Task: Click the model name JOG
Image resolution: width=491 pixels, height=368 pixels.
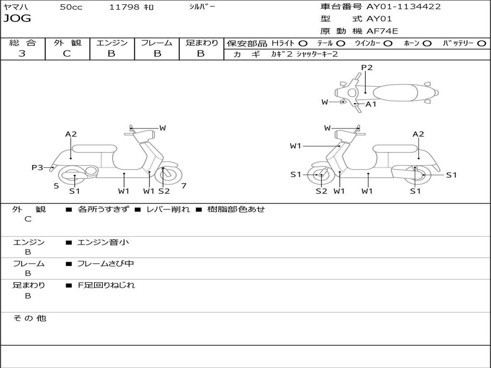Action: point(17,19)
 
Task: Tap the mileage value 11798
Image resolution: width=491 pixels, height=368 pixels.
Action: point(124,7)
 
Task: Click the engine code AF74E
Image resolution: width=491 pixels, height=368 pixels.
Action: point(382,32)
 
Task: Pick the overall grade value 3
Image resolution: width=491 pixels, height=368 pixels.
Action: point(22,54)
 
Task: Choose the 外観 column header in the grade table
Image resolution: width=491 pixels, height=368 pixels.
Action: point(67,43)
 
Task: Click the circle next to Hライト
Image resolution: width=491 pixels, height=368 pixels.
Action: point(303,43)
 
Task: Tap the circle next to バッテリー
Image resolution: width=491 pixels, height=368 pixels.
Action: point(481,43)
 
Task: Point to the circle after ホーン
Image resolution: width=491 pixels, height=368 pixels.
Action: point(427,43)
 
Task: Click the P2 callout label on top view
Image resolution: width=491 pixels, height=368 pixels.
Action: point(367,68)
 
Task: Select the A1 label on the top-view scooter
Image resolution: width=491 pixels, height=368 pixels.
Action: point(371,104)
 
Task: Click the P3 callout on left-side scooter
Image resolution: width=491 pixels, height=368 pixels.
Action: point(37,167)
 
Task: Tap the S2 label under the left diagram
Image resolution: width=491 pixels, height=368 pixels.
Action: point(164,191)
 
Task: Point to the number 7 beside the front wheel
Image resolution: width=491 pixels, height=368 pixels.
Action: point(184,186)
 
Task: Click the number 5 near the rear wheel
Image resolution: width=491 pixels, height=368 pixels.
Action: point(56,186)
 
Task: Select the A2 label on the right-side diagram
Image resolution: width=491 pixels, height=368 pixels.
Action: point(418,134)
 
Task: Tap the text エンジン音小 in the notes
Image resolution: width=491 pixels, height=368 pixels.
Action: point(103,242)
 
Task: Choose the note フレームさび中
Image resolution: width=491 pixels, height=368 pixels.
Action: point(105,264)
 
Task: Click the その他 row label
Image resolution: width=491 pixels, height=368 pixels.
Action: point(29,318)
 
